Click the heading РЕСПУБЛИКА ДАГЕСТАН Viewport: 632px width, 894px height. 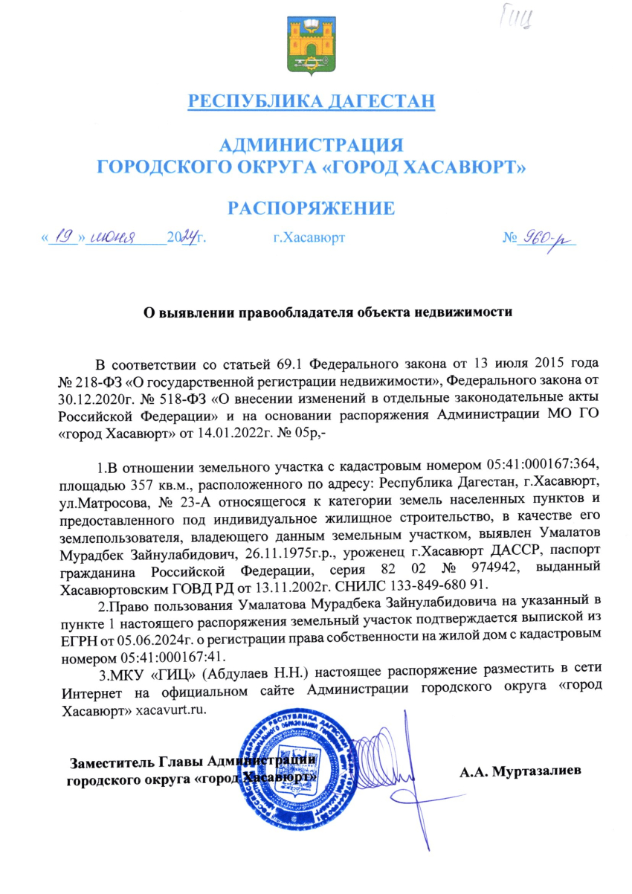(x=311, y=101)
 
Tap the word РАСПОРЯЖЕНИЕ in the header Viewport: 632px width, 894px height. (x=311, y=208)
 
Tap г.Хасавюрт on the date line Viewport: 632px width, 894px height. (x=308, y=239)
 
